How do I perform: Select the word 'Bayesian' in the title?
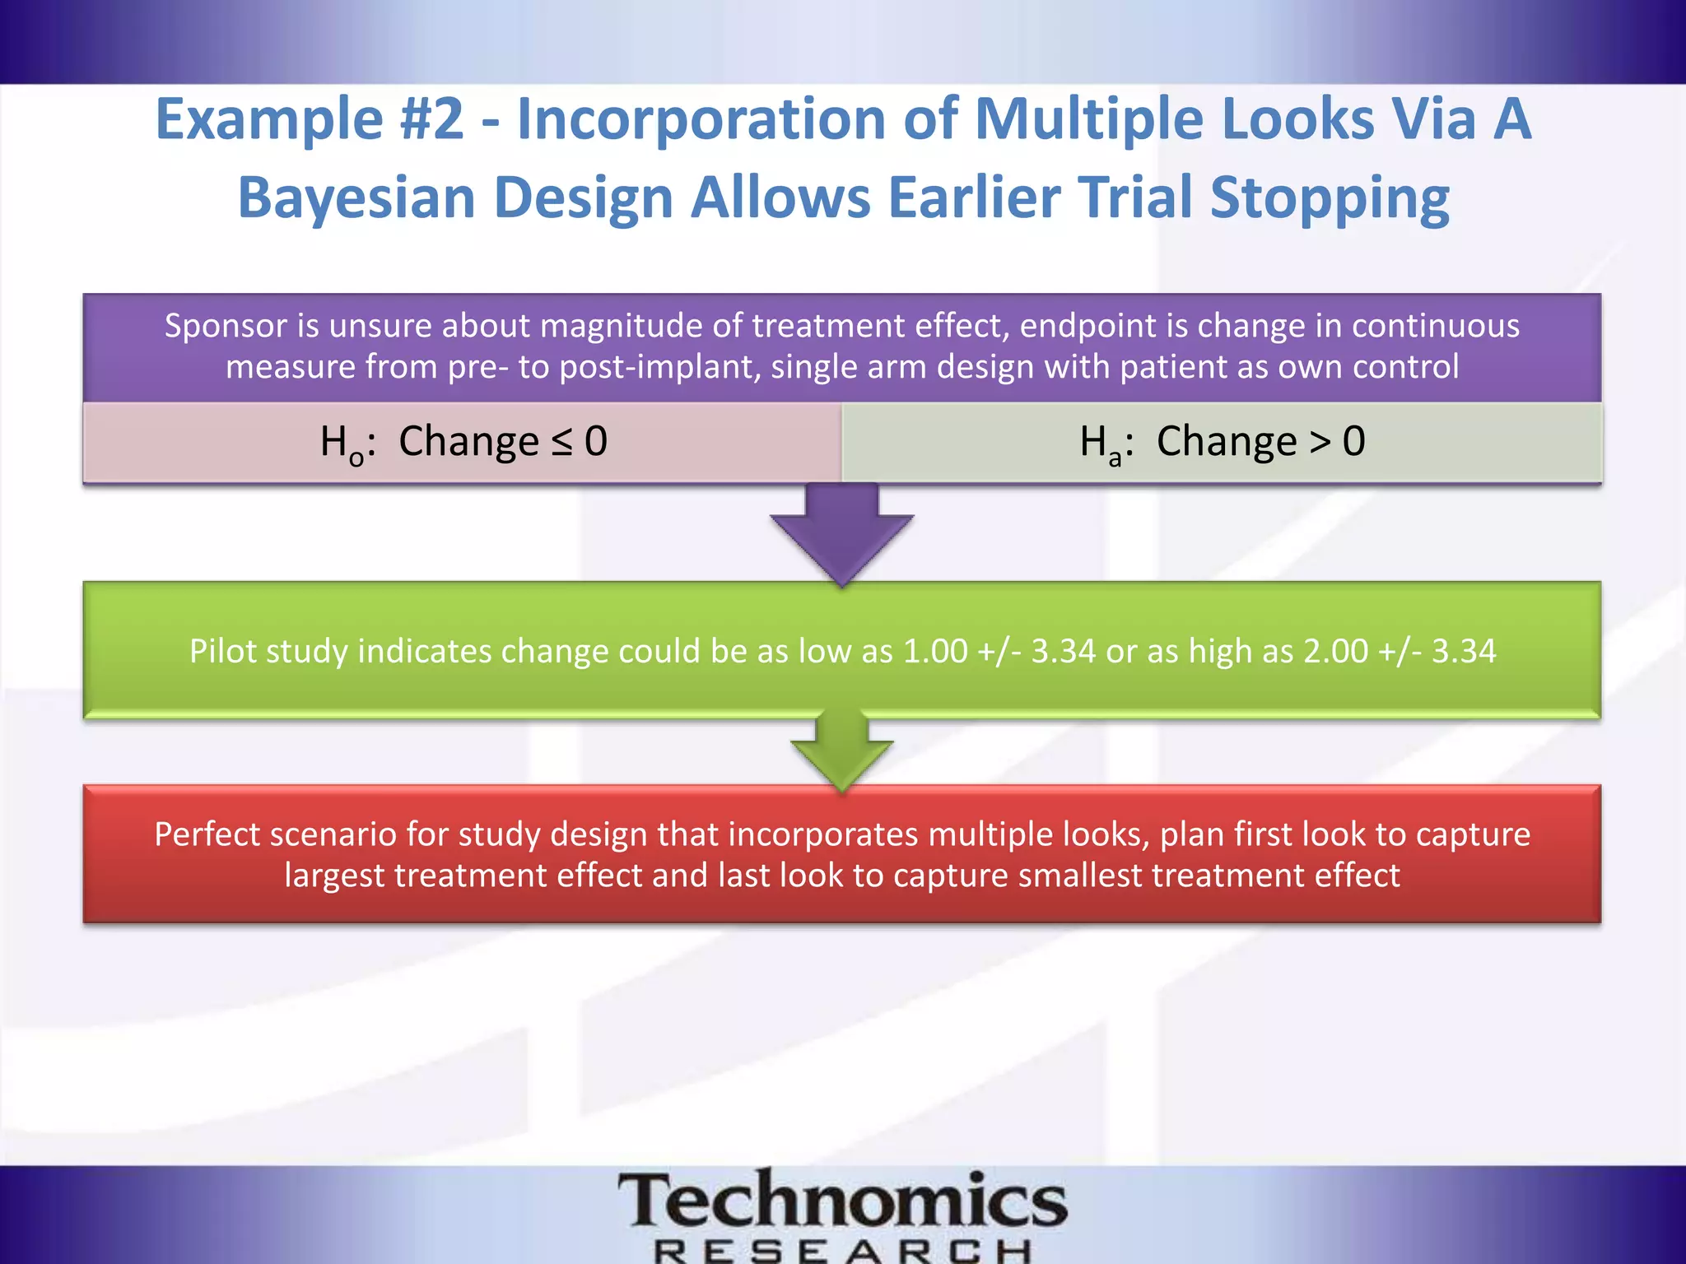click(356, 198)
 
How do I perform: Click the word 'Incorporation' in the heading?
click(700, 120)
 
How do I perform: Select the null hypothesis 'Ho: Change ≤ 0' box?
click(463, 442)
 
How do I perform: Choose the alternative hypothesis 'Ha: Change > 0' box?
click(1222, 442)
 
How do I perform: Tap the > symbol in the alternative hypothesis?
click(1320, 442)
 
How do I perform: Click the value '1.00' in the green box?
click(935, 652)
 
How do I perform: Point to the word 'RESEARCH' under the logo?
click(841, 1251)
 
